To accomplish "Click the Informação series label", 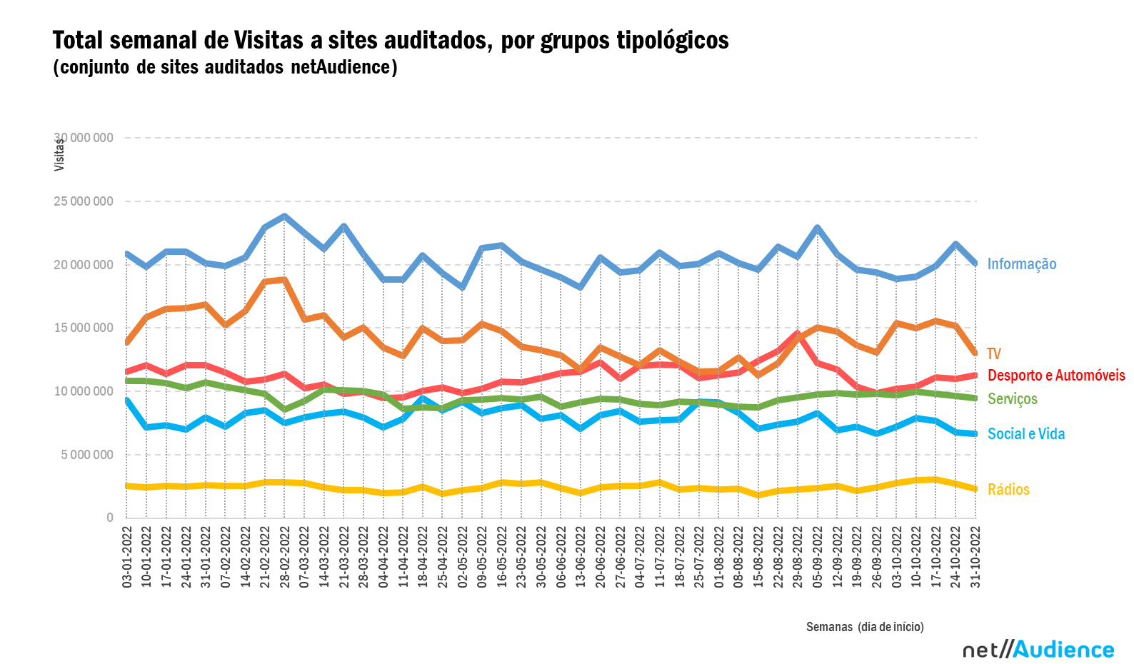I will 1021,264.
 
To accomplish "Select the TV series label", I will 994,354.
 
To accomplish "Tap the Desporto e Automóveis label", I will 1055,376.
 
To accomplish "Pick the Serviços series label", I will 1012,399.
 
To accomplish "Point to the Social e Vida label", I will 1025,434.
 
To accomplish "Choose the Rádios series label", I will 1008,490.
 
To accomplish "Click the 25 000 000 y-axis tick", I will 83,201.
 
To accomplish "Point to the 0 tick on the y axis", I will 109,518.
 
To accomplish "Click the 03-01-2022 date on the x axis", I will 127,557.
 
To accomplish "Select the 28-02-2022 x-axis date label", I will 285,557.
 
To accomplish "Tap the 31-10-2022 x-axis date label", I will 975,557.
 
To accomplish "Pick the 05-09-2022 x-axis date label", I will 818,557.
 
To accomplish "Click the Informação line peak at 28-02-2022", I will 285,216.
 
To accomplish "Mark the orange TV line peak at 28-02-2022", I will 285,280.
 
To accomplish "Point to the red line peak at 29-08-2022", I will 798,333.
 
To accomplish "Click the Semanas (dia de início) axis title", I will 865,627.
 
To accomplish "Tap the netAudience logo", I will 1038,650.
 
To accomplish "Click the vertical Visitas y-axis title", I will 59,155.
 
